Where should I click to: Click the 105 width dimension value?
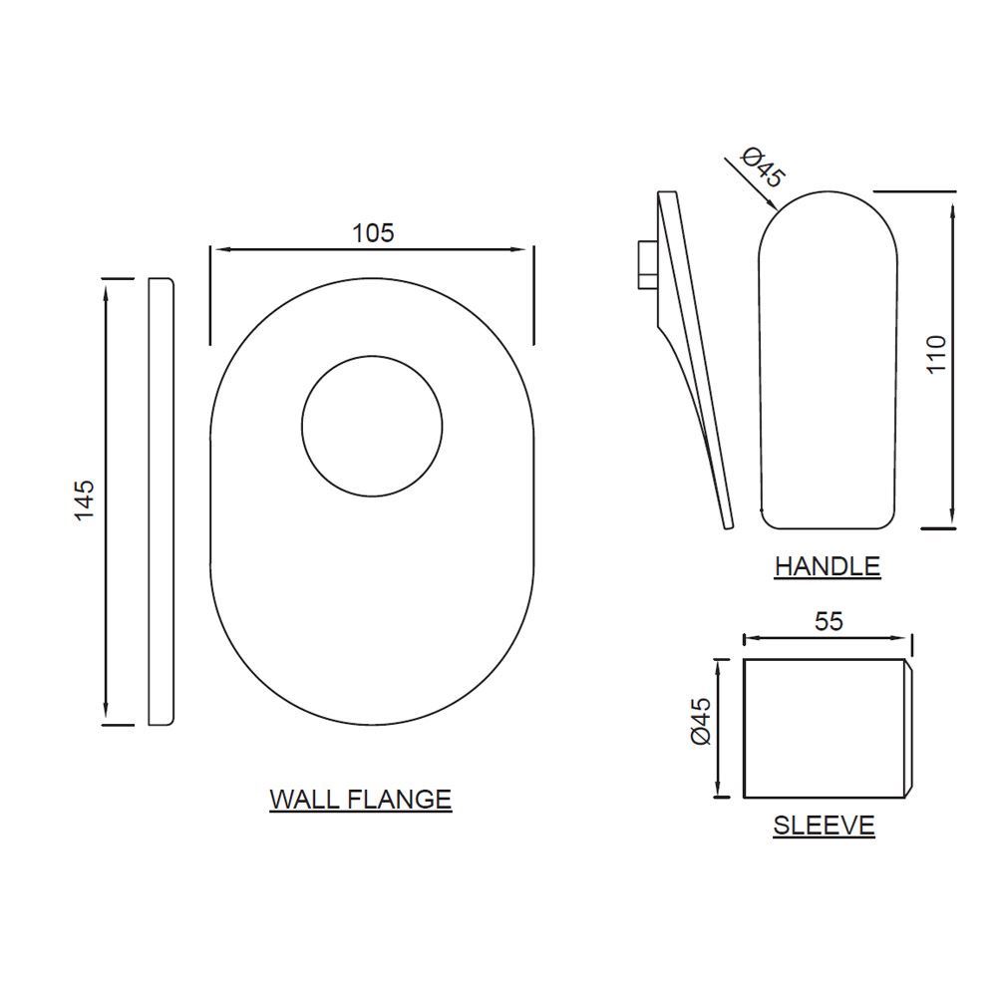pos(373,232)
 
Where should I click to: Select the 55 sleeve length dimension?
pos(829,620)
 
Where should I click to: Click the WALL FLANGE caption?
pos(360,799)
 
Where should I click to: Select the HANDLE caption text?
pos(828,566)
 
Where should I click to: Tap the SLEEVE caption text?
pos(824,826)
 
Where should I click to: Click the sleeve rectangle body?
pos(823,728)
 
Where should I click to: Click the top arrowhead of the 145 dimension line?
pos(105,288)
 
